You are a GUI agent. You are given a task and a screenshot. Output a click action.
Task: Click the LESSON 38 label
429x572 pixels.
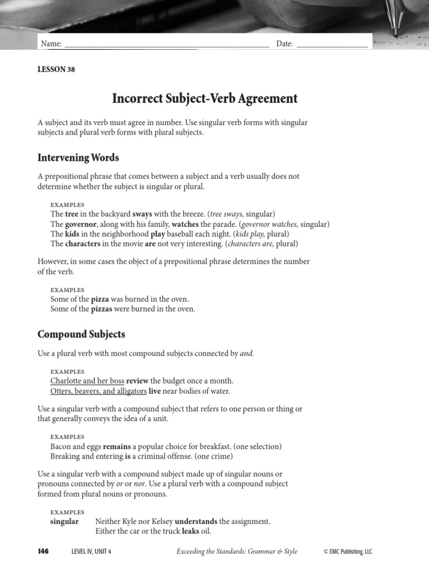(56, 70)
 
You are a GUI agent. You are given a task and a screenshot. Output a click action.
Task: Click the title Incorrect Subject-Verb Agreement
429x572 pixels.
(205, 99)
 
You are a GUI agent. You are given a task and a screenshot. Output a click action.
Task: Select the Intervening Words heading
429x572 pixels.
(78, 158)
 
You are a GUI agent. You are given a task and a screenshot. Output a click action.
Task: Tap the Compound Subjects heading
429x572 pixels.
(81, 334)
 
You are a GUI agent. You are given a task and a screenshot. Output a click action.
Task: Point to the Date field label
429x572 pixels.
(284, 44)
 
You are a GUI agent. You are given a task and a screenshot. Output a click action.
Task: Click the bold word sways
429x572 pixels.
(142, 214)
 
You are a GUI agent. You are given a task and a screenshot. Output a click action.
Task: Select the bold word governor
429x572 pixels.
(82, 224)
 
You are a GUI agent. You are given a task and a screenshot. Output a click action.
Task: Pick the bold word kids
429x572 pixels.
(72, 234)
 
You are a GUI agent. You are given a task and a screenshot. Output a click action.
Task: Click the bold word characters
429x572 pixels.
(83, 244)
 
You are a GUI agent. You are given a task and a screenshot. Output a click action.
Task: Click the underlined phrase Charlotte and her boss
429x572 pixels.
(87, 381)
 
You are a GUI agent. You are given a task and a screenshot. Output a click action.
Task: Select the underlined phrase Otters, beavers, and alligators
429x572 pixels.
(98, 391)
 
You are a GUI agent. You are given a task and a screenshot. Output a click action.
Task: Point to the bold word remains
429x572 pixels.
(117, 446)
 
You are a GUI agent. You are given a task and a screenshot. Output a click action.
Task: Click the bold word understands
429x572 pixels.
(196, 521)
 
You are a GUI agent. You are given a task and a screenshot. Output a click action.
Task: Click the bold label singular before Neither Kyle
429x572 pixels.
(64, 521)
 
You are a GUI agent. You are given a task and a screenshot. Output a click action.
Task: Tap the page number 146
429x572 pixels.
(43, 551)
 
